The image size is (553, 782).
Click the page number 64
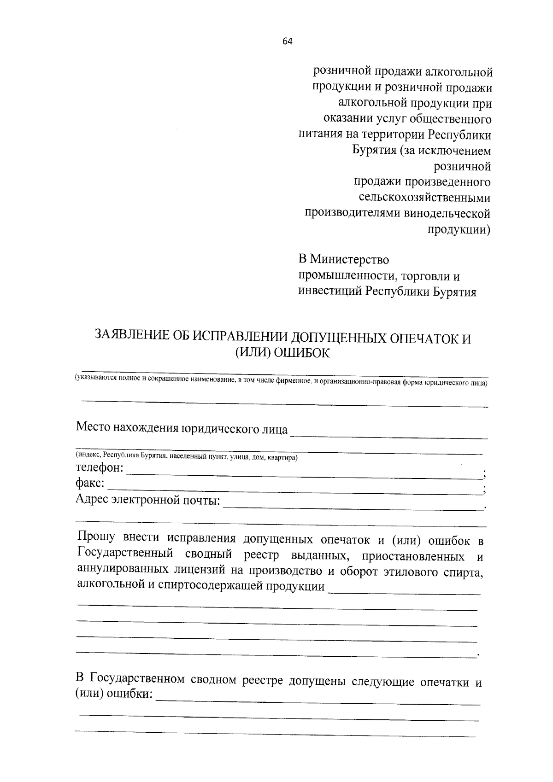(x=287, y=41)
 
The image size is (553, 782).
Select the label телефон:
(x=100, y=468)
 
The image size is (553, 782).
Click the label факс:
(x=90, y=484)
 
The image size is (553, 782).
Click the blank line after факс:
(x=295, y=491)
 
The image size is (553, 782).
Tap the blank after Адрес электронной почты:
(x=353, y=507)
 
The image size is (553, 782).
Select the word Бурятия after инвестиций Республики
(x=454, y=292)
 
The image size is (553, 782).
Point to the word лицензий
(x=201, y=571)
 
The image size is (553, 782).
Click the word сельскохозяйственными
(x=424, y=198)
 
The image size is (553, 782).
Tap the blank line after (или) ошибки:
(x=318, y=702)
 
